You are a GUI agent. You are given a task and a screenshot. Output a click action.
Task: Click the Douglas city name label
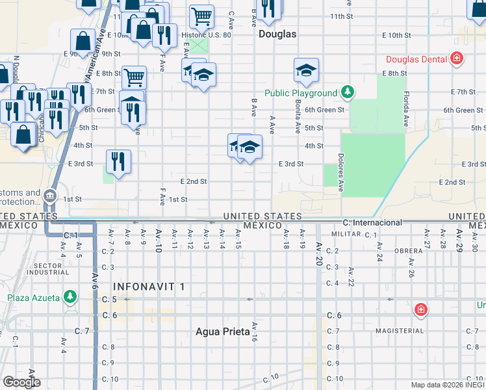[x=277, y=34]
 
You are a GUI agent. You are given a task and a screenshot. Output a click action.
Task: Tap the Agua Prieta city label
[x=223, y=331]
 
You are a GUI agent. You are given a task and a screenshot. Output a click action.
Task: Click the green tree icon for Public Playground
[x=348, y=92]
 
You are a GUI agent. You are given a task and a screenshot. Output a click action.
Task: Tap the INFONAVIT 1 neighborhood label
[x=149, y=286]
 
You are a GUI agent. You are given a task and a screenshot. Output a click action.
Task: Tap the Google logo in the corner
[x=21, y=382]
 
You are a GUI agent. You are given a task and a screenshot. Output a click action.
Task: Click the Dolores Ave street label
[x=340, y=173]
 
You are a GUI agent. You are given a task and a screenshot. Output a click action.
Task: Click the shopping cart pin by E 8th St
[x=134, y=77]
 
